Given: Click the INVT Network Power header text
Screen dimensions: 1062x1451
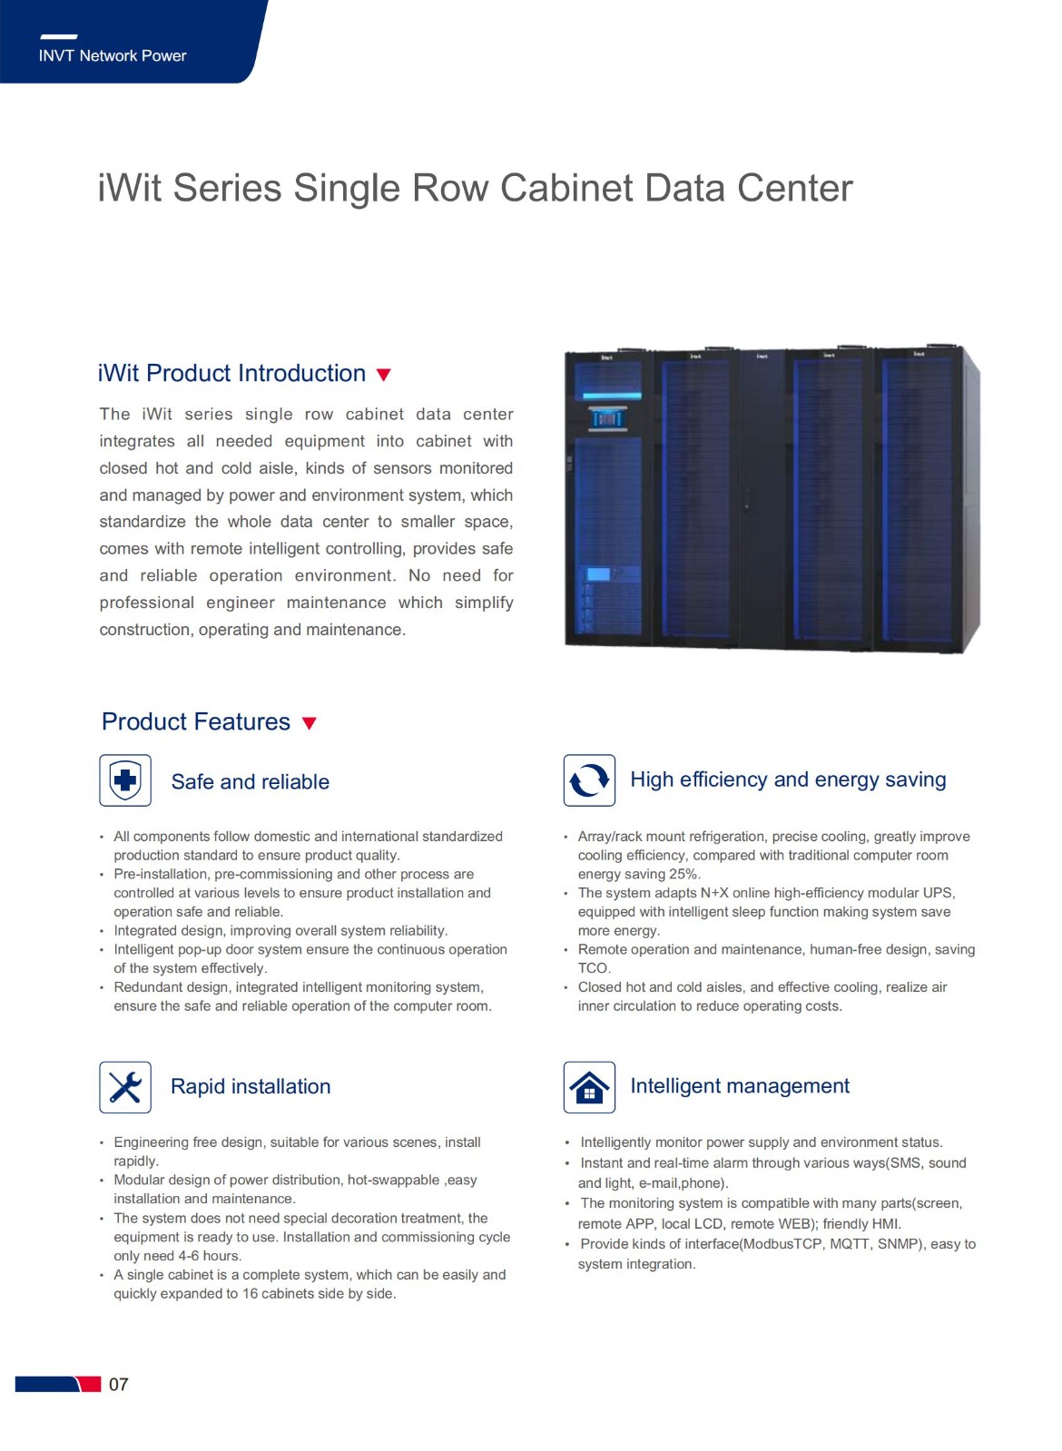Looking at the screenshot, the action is (112, 55).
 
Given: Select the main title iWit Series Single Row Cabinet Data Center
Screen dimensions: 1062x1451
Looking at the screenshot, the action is (475, 188).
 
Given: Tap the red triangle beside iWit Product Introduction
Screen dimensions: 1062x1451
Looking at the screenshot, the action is (384, 375).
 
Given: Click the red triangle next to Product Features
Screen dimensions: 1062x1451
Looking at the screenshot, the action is (310, 723).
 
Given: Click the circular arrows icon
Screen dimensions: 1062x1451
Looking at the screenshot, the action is (589, 779).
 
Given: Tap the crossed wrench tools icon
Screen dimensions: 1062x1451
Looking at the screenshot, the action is (125, 1087).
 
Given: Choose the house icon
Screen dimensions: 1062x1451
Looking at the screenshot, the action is (589, 1087).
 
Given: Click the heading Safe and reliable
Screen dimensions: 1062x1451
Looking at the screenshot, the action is (251, 782).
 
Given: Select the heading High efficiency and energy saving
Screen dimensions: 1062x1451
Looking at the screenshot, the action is (788, 779).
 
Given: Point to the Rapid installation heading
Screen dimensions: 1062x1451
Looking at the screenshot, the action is (251, 1086).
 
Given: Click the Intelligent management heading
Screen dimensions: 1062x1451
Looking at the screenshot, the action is (740, 1086).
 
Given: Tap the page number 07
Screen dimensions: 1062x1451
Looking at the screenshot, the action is (119, 1384).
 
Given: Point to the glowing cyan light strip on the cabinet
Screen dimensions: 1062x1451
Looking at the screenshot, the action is (612, 395).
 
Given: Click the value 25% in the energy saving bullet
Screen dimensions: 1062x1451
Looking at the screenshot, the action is (683, 874).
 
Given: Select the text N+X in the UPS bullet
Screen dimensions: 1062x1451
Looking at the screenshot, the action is (714, 893).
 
